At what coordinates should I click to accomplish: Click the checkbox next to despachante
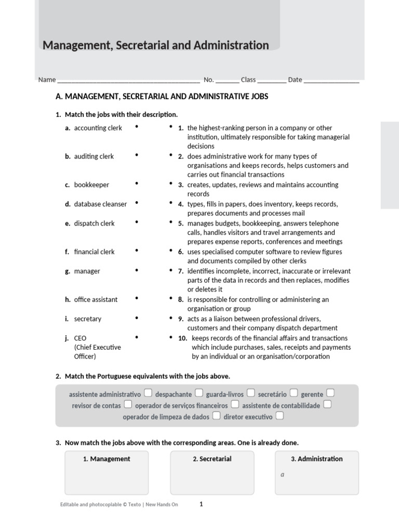[199, 393]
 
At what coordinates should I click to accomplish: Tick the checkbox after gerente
[330, 393]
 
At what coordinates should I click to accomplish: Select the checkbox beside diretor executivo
[280, 416]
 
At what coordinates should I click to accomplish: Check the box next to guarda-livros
[251, 393]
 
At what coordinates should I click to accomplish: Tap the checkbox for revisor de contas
[128, 404]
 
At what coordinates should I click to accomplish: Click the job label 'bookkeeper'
[91, 185]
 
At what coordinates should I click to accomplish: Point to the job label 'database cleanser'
[100, 204]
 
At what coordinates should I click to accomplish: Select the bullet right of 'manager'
[137, 270]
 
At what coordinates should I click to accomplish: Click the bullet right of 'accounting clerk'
[137, 127]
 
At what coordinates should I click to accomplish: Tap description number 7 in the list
[181, 271]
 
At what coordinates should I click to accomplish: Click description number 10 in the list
[182, 338]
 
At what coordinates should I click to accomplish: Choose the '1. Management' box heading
[107, 459]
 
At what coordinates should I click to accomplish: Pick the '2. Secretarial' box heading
[212, 459]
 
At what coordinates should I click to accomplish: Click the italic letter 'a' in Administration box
[282, 474]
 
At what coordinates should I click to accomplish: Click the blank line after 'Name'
[128, 81]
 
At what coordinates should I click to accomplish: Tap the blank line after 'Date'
[331, 81]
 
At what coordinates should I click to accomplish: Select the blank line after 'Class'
[271, 81]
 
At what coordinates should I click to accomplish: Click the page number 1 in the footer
[201, 504]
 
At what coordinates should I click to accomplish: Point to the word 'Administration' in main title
[231, 45]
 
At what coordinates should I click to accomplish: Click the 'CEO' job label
[80, 338]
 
